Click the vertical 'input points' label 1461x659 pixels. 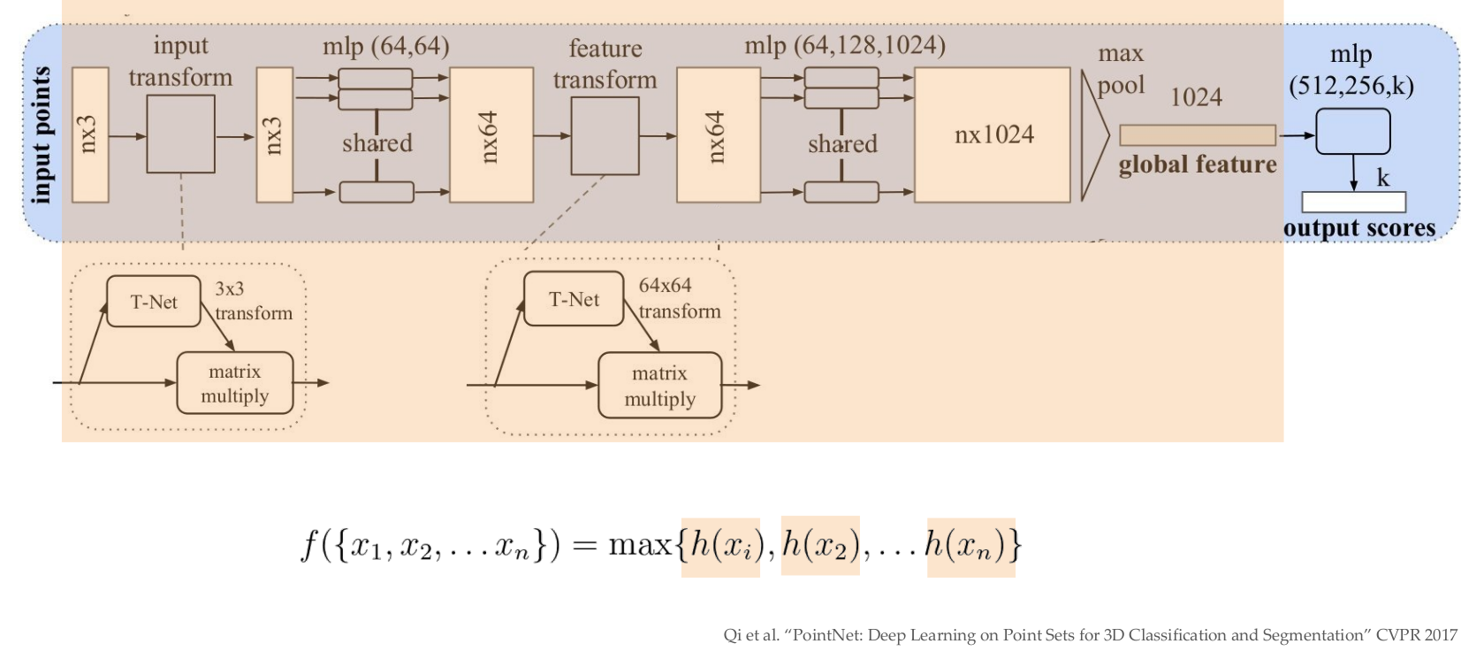(x=40, y=134)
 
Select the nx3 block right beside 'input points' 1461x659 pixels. (x=90, y=134)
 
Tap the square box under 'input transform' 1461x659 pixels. (x=180, y=134)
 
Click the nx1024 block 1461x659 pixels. (x=993, y=134)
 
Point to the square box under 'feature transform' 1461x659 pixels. (x=605, y=136)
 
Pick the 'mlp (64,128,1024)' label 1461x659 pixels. (x=844, y=45)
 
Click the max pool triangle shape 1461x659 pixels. (x=1093, y=135)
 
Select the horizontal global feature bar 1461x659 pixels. (x=1197, y=135)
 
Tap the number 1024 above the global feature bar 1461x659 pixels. (x=1196, y=97)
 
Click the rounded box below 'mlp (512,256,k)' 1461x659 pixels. (x=1352, y=132)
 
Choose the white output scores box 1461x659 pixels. (x=1353, y=203)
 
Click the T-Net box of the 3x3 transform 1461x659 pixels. (x=154, y=302)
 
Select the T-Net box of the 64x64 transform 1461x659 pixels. (x=574, y=299)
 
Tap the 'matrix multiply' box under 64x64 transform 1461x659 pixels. (x=659, y=386)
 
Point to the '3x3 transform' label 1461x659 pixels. (x=252, y=301)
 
